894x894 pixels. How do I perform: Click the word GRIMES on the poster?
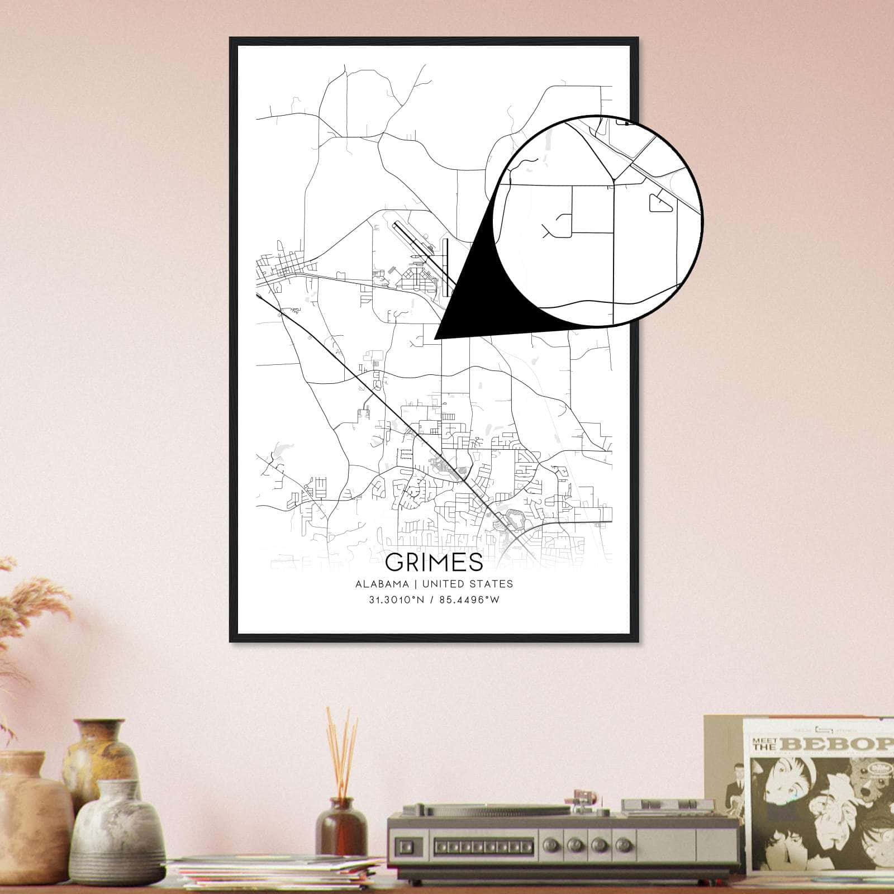pos(434,562)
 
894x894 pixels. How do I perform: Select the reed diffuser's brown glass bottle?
pos(340,821)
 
